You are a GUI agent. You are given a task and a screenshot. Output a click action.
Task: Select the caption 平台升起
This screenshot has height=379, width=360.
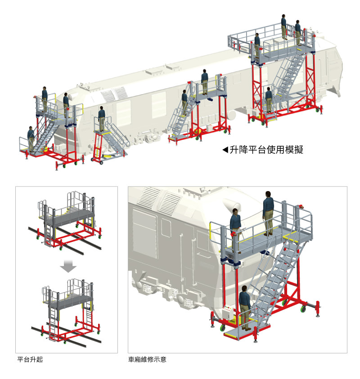[x=30, y=360]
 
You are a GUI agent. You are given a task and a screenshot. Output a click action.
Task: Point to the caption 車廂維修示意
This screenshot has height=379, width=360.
[x=147, y=360]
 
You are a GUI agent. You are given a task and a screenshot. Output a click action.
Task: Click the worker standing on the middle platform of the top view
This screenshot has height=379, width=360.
[x=205, y=81]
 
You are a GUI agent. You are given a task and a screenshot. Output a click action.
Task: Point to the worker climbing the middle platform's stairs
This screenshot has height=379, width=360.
[x=184, y=101]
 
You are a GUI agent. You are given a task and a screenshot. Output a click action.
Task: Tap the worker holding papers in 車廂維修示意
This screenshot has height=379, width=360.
[x=235, y=225]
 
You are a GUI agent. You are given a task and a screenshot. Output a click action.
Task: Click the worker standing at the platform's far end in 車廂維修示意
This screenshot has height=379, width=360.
[x=269, y=211]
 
